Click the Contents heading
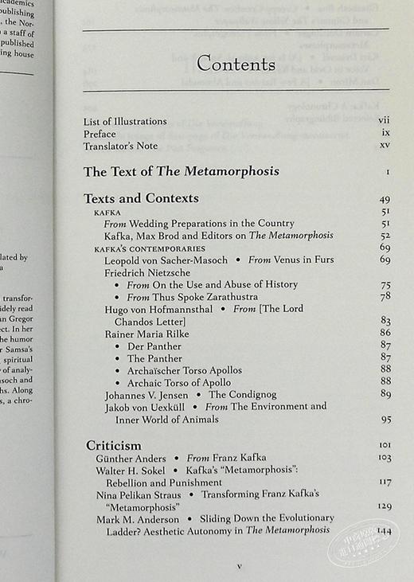point(236,64)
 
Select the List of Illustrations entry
point(125,121)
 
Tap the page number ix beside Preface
point(385,134)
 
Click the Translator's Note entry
point(120,146)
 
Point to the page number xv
point(385,146)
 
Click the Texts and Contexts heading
point(141,198)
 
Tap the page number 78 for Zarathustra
point(385,297)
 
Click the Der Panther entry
point(154,346)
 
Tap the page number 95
point(386,419)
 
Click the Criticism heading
point(114,445)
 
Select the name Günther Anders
point(131,459)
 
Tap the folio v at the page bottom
point(238,566)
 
